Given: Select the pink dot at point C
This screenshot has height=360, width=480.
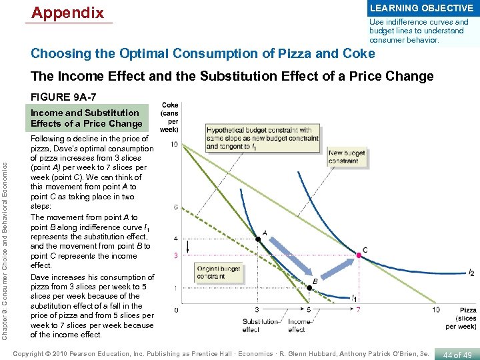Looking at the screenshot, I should coord(359,255).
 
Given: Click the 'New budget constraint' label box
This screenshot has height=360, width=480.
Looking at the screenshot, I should coord(347,157).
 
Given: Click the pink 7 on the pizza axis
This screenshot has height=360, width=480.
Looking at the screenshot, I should coord(359,309).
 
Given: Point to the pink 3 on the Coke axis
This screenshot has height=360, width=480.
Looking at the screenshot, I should coord(175,255).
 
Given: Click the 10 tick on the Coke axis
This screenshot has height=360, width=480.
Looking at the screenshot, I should coord(174,144).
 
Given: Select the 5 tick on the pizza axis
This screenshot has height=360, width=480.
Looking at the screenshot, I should coord(308,309).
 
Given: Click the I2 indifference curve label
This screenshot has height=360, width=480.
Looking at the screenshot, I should coord(471,273).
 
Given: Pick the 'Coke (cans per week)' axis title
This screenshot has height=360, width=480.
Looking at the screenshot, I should coord(170,117).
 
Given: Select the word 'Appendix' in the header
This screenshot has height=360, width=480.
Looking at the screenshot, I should coord(67,13).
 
